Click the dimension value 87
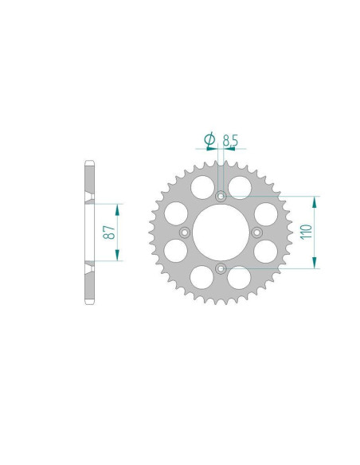(109, 232)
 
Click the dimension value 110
(306, 232)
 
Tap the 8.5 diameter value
(230, 141)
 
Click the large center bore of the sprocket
(221, 232)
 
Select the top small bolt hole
(221, 196)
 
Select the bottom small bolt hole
(221, 268)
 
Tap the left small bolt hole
(185, 232)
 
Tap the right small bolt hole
(256, 232)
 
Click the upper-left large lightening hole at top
(202, 187)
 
